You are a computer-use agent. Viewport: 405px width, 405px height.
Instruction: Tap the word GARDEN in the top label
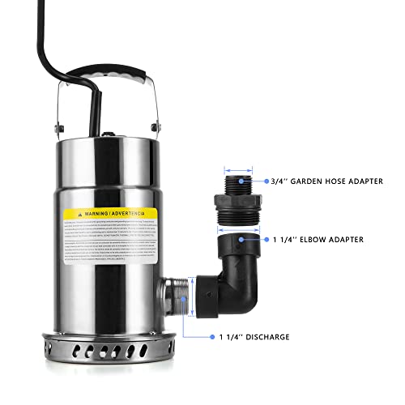click(313, 181)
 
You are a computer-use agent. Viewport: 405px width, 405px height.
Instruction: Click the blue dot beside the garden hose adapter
click(267, 182)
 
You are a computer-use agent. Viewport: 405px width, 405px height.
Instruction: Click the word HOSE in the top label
click(344, 181)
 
